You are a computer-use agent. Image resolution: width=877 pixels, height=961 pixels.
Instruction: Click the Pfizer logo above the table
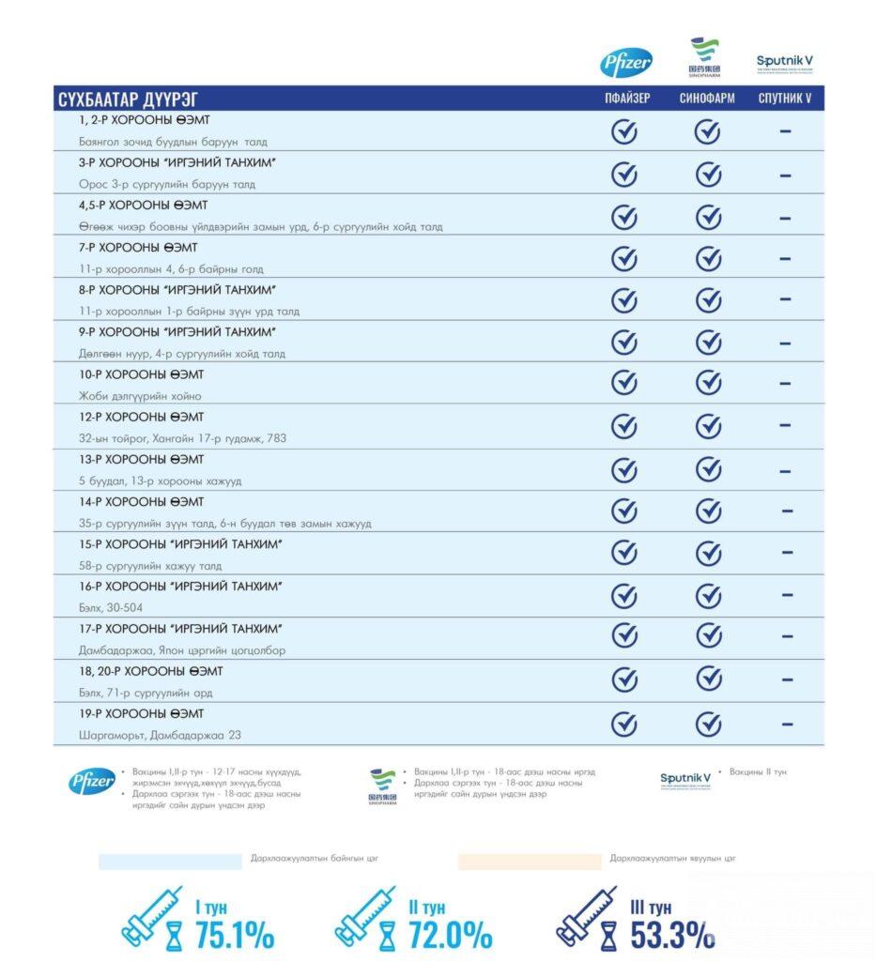pos(626,63)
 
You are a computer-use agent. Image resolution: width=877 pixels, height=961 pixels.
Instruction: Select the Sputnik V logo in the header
pos(785,64)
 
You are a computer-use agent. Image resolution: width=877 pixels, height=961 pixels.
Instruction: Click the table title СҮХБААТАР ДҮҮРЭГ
pos(128,99)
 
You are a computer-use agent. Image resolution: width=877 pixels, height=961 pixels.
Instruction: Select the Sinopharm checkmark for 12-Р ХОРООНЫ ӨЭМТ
pos(708,426)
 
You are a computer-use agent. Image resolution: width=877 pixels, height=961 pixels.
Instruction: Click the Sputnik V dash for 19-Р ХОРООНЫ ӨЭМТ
pos(786,724)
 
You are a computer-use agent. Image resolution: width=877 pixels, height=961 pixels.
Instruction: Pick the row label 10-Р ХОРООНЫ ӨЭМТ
pos(142,374)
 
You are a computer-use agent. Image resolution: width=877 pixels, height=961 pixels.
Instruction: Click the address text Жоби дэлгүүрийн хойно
pos(140,396)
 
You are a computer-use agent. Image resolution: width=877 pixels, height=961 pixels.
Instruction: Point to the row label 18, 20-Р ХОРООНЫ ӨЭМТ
pos(151,671)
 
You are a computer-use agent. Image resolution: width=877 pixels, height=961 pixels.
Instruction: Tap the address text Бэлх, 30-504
pos(111,608)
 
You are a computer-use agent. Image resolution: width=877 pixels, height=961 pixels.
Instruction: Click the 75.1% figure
pos(234,935)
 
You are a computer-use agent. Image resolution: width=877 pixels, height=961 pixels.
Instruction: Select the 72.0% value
pos(450,935)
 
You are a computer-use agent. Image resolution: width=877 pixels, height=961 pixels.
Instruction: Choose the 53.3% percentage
pos(672,935)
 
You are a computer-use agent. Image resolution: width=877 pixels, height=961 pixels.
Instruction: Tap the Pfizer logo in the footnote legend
pos(92,781)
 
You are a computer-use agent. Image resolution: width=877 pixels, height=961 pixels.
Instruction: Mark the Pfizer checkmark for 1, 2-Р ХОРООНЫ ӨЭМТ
pos(624,131)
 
